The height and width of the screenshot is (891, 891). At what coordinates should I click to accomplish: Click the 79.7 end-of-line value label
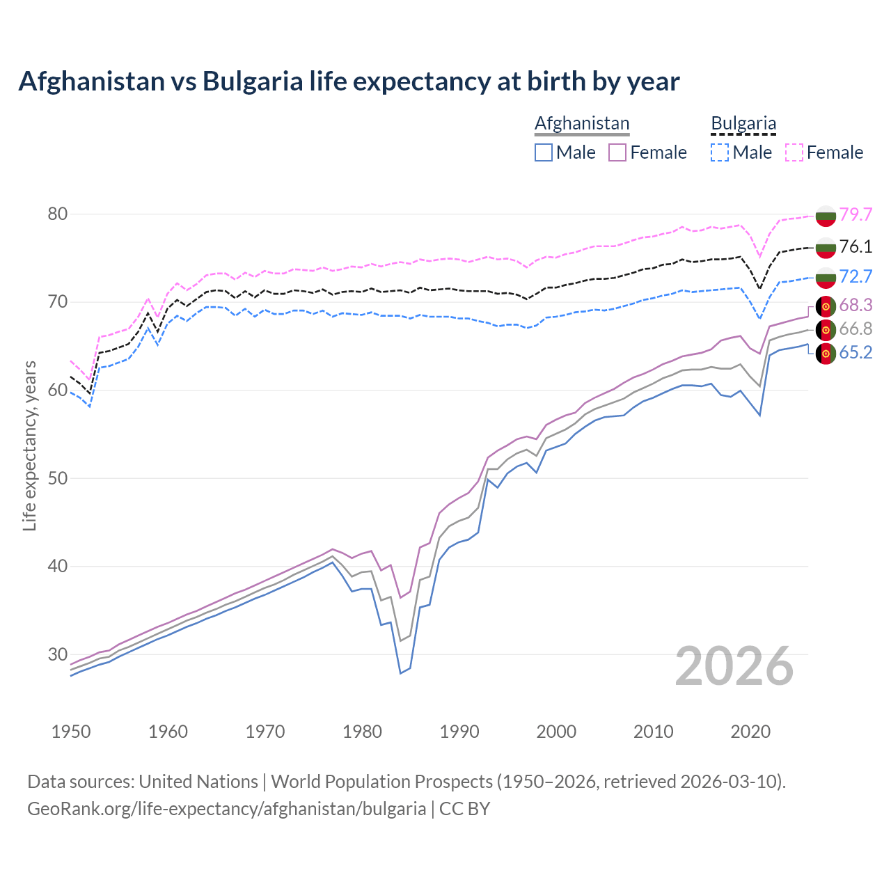tap(855, 214)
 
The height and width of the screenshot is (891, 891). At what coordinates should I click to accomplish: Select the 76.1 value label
tap(855, 246)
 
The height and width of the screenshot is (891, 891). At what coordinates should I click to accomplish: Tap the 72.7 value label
tap(855, 276)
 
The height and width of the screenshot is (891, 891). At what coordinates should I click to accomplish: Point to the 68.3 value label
tap(855, 305)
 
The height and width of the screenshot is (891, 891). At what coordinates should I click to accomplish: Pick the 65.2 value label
tap(855, 352)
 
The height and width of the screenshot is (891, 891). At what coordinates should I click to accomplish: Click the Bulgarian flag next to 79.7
tap(826, 215)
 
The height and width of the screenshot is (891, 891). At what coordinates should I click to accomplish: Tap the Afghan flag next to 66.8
tap(826, 329)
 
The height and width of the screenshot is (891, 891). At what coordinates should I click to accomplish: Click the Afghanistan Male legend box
tap(544, 152)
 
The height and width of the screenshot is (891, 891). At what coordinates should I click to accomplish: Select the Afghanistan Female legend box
tap(617, 152)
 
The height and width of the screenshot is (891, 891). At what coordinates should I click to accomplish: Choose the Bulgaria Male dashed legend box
tap(720, 152)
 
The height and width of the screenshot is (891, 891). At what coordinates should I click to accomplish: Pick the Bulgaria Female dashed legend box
tap(794, 152)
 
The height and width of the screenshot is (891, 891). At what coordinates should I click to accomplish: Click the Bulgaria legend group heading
tap(743, 124)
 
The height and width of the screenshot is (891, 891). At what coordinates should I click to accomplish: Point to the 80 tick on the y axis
tap(58, 214)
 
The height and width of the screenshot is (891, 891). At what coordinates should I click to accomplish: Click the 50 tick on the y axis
tap(58, 478)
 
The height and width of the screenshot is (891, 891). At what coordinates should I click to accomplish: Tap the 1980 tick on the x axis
tap(363, 732)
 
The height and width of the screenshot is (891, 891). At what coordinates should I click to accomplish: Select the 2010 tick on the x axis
tap(654, 732)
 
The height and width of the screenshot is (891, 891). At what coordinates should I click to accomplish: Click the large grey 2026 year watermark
tap(734, 666)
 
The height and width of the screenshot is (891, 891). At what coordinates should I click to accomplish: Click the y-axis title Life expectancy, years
tap(30, 445)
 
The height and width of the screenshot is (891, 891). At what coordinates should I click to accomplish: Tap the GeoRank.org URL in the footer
tap(226, 809)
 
